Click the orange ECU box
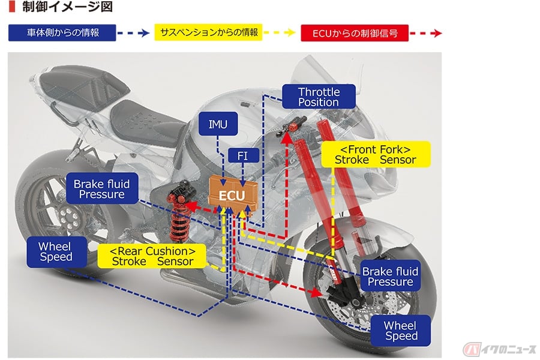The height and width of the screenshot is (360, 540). point(232,195)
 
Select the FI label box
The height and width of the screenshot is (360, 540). point(244,156)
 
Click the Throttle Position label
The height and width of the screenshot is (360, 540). point(319,97)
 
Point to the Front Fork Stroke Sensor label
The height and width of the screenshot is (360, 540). point(375,154)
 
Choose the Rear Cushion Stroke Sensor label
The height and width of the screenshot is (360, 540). point(152,256)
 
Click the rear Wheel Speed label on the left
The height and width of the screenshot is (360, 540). point(55,251)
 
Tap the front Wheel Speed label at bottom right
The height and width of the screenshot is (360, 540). point(400,331)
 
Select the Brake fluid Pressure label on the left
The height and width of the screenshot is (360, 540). point(101,188)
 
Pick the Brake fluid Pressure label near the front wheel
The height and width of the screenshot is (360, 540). point(390,277)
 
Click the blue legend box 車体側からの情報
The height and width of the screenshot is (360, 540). point(62,32)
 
